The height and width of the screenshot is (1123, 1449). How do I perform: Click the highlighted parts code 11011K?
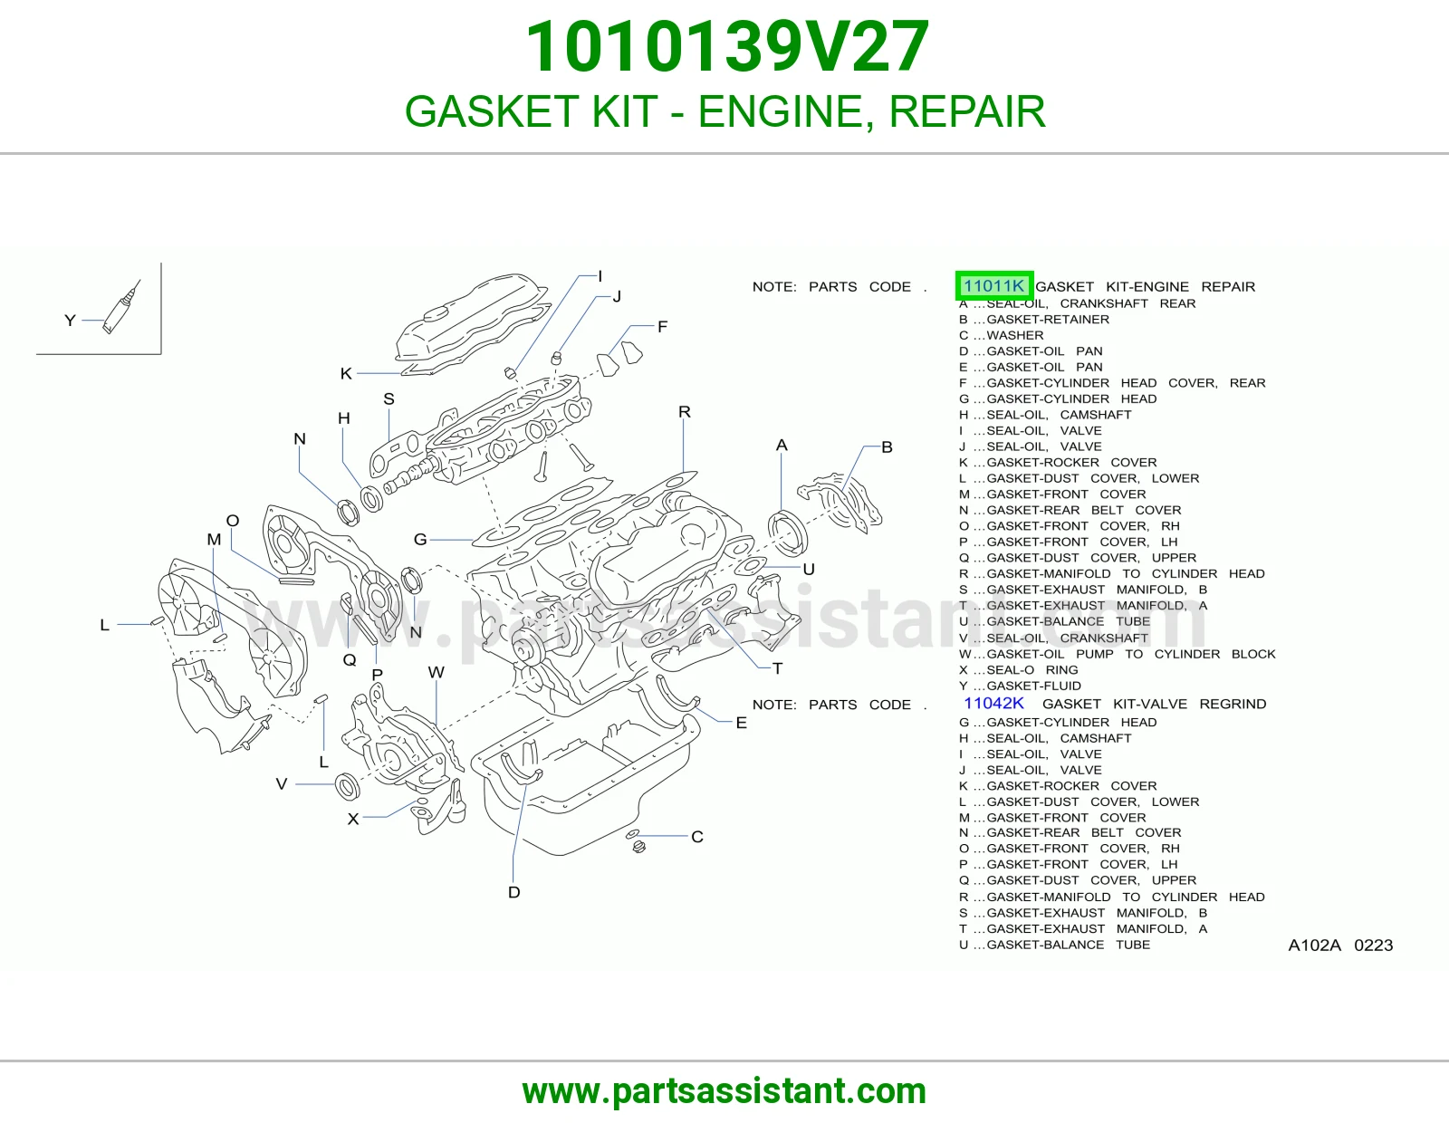click(993, 286)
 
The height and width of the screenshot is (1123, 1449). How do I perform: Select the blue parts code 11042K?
click(993, 703)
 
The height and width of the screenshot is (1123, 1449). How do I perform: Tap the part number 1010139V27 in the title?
click(727, 46)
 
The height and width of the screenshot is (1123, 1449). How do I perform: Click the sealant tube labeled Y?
click(121, 307)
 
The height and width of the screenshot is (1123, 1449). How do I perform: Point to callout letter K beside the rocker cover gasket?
click(346, 373)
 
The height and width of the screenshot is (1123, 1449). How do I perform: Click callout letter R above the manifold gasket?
click(684, 411)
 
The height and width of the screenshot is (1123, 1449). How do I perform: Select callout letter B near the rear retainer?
click(887, 446)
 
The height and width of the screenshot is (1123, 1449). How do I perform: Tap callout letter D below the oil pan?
click(513, 891)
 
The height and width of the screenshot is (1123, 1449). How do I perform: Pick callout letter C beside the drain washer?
click(697, 836)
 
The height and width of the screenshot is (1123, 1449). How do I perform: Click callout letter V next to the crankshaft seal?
click(282, 783)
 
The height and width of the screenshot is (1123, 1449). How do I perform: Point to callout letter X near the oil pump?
click(353, 818)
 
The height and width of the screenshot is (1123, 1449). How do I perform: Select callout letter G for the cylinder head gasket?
click(420, 539)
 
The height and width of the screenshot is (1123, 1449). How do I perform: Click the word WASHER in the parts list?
click(1015, 335)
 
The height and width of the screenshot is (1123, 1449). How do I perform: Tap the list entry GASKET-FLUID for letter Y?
click(1033, 686)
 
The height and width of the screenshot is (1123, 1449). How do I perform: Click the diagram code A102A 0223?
click(1340, 945)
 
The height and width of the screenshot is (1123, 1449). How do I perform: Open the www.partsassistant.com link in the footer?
click(724, 1091)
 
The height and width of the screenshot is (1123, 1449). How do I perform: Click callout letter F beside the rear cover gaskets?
click(662, 326)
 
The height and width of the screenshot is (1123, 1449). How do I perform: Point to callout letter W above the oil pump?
click(437, 671)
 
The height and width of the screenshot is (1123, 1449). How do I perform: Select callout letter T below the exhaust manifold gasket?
click(778, 668)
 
